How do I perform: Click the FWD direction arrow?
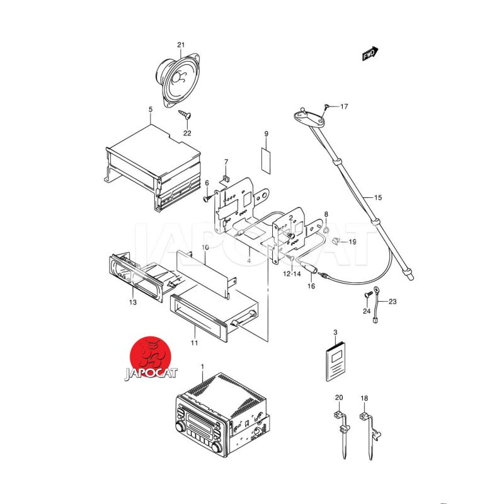[370, 54]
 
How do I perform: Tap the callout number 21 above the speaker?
[181, 45]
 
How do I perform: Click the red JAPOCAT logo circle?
[150, 357]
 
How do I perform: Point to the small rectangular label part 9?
[265, 160]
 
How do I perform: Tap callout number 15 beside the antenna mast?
[378, 197]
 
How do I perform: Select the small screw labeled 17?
[326, 107]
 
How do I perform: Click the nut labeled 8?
[326, 229]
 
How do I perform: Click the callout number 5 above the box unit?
[151, 110]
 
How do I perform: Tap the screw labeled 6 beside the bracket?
[207, 198]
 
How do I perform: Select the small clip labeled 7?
[226, 178]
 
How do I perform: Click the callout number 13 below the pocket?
[133, 302]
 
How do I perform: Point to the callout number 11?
[194, 343]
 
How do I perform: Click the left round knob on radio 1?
[180, 427]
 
